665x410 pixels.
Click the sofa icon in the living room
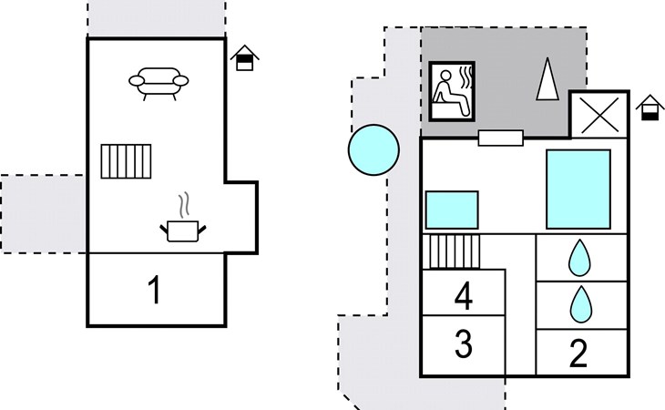click(x=159, y=84)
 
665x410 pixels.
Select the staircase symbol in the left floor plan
click(x=126, y=161)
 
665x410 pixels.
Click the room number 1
click(x=155, y=290)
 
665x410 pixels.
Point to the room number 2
click(x=578, y=353)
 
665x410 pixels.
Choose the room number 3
click(x=464, y=343)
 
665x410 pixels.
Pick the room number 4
click(x=463, y=296)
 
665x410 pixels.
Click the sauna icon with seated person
click(x=452, y=91)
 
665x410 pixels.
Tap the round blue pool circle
click(x=373, y=149)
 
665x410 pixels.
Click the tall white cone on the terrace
click(x=547, y=79)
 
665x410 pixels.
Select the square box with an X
click(x=598, y=115)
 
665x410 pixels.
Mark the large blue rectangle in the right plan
click(x=578, y=190)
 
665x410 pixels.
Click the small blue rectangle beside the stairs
click(x=452, y=210)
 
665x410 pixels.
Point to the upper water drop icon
click(x=579, y=258)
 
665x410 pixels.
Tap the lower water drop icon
click(x=580, y=304)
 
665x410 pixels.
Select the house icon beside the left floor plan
click(x=245, y=57)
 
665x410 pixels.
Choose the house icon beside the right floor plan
click(x=650, y=108)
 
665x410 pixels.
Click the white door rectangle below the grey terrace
click(x=500, y=138)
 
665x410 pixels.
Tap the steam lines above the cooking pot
click(x=184, y=205)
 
